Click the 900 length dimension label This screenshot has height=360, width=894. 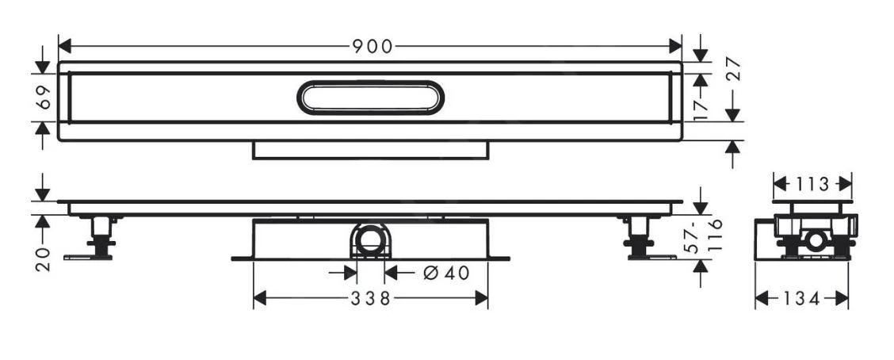tap(372, 47)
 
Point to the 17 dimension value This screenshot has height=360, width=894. tap(699, 107)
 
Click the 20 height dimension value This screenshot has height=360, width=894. tap(43, 258)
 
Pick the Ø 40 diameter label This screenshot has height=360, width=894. tap(445, 273)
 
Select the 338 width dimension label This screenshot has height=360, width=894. tap(371, 299)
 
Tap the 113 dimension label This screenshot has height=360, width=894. tap(812, 185)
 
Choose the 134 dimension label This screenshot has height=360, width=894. tap(801, 299)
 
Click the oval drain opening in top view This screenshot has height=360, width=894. tap(370, 98)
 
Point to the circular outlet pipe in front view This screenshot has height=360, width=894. tap(370, 239)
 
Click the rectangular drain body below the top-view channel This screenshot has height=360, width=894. tap(370, 150)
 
